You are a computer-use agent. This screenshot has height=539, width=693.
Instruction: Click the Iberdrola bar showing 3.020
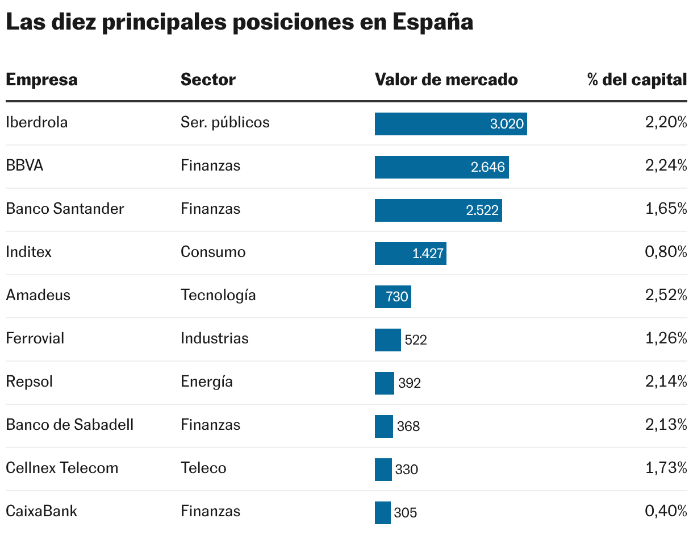coord(450,124)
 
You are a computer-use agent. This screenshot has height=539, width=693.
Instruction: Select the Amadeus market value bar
coord(393,297)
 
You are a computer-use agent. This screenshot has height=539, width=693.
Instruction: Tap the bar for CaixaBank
coord(382,512)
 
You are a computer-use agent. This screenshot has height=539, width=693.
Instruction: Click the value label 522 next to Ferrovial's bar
coord(415,340)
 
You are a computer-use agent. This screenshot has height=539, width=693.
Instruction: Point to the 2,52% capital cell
coord(666,295)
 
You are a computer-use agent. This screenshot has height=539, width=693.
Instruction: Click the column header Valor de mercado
coord(446,80)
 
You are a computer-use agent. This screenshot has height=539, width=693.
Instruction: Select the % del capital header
coord(637,80)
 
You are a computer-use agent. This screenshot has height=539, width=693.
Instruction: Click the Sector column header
coord(208,80)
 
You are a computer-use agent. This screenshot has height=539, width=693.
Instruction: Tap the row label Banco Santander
coord(65,209)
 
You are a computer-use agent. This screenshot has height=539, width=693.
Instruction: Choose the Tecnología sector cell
coord(218,295)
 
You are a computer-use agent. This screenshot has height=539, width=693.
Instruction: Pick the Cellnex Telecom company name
coord(62,468)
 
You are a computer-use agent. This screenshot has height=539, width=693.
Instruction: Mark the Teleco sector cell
coord(203,468)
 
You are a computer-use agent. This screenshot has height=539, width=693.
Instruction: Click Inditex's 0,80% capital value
coord(666,252)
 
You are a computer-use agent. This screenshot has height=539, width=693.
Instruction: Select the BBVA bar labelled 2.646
coord(441,167)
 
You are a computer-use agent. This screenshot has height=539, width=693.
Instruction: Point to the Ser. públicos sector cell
coord(225,122)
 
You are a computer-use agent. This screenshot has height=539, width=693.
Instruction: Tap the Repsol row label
coord(29,382)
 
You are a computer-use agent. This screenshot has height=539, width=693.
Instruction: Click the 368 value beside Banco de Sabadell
coord(408,426)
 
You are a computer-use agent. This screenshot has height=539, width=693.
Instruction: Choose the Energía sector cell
coord(206,382)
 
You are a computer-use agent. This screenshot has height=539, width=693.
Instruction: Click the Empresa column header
coord(41,80)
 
